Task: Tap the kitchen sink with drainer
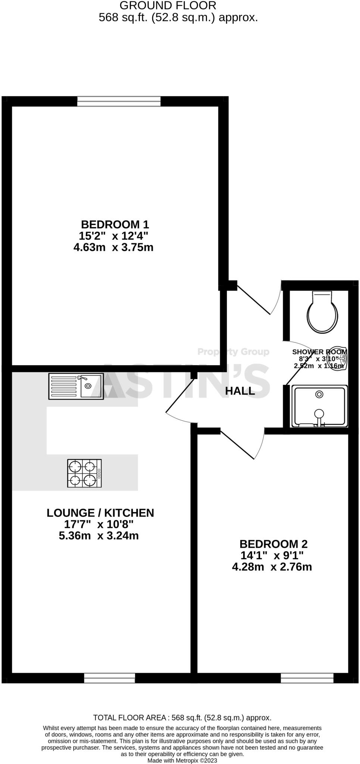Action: click(x=76, y=386)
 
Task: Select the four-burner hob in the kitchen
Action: click(x=84, y=473)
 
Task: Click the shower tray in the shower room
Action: click(x=320, y=406)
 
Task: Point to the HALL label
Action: click(x=240, y=391)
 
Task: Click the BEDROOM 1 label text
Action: click(x=115, y=225)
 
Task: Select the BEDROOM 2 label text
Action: click(x=273, y=544)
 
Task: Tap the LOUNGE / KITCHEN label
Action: click(x=100, y=513)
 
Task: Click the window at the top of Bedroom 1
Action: click(x=119, y=101)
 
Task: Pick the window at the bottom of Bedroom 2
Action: click(x=307, y=678)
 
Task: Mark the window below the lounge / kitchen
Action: click(x=110, y=678)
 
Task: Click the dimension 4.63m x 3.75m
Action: click(x=113, y=247)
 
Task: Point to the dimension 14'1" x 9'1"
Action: click(x=272, y=555)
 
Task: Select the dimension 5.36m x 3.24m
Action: click(x=99, y=536)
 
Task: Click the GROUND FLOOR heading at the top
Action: click(x=168, y=6)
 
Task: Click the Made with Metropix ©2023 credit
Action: click(x=182, y=760)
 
